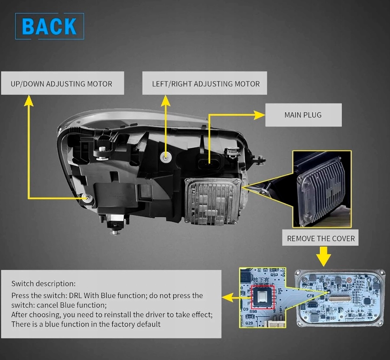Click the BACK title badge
[49, 26]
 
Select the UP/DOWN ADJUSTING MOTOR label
[62, 84]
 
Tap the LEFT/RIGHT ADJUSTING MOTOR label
[205, 84]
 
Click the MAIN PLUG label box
[303, 115]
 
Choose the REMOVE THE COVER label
[321, 238]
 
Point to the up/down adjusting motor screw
[88, 198]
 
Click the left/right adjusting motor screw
[166, 157]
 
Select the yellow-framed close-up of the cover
[321, 190]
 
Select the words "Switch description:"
[43, 284]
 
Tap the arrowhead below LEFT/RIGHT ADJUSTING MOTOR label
[166, 101]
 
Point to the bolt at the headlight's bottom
[114, 231]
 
